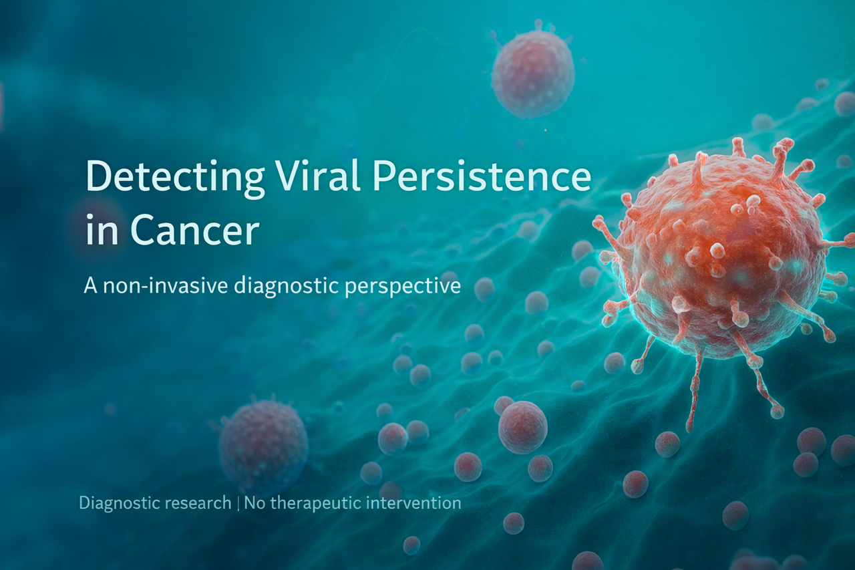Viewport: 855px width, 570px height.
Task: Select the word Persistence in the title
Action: [482, 178]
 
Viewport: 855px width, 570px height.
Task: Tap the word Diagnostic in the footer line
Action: [117, 503]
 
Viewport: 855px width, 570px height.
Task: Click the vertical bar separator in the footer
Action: [238, 503]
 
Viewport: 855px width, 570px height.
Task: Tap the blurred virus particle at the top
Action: [532, 74]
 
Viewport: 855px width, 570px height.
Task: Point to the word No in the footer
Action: [254, 503]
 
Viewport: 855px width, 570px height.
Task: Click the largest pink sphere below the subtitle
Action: [522, 427]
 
